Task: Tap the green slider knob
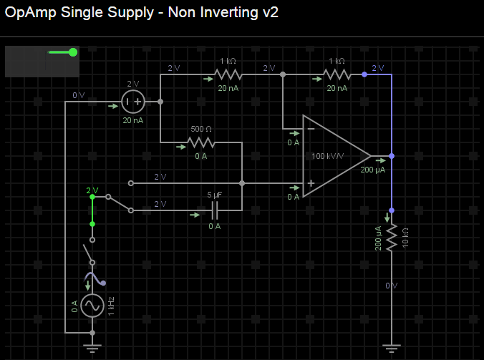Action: (x=73, y=52)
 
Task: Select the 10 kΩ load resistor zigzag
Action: (x=392, y=238)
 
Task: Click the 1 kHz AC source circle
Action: (x=92, y=306)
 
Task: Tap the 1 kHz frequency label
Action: (x=111, y=306)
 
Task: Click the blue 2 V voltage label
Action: (x=377, y=68)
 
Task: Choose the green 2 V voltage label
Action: (x=92, y=190)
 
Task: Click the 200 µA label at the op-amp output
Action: (x=372, y=170)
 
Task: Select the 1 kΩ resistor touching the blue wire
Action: (x=337, y=74)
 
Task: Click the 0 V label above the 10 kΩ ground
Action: (x=391, y=285)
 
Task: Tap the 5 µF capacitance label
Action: (x=214, y=195)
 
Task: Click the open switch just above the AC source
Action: (x=88, y=251)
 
